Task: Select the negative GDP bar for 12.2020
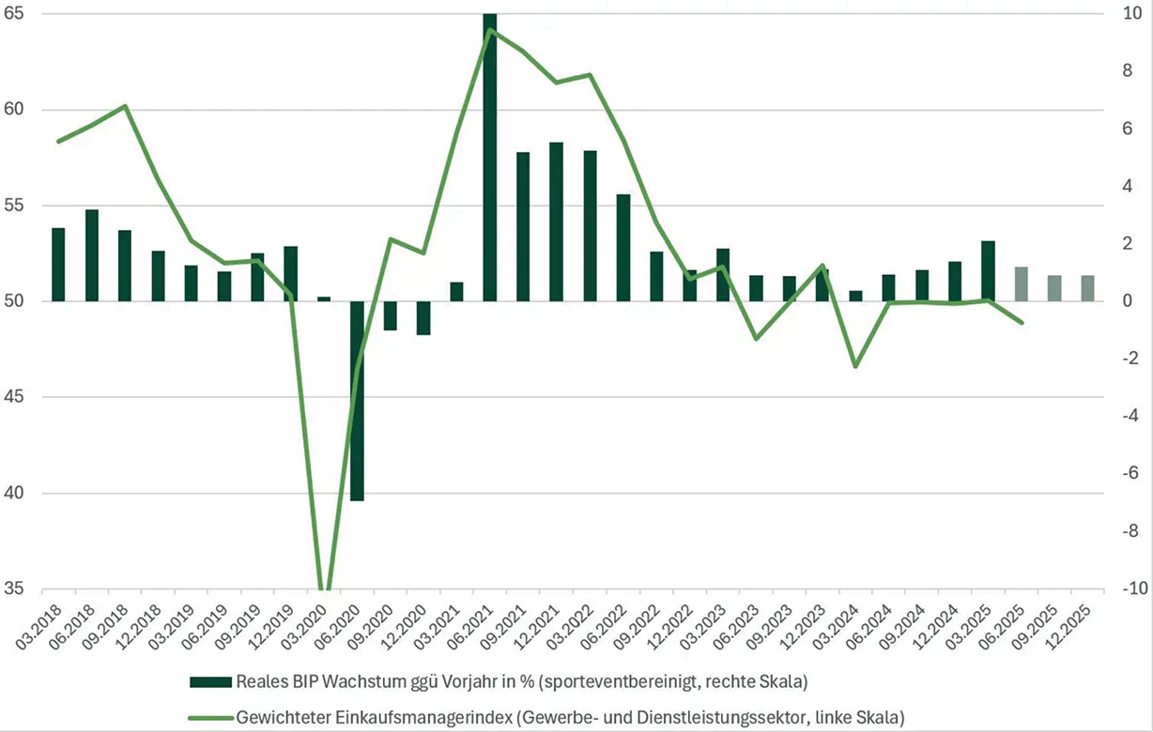(423, 318)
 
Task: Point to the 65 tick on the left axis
(20, 14)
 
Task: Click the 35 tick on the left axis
(20, 590)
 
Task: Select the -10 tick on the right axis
(1126, 590)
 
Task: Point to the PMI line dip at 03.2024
(854, 366)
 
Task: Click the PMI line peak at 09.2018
(126, 106)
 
